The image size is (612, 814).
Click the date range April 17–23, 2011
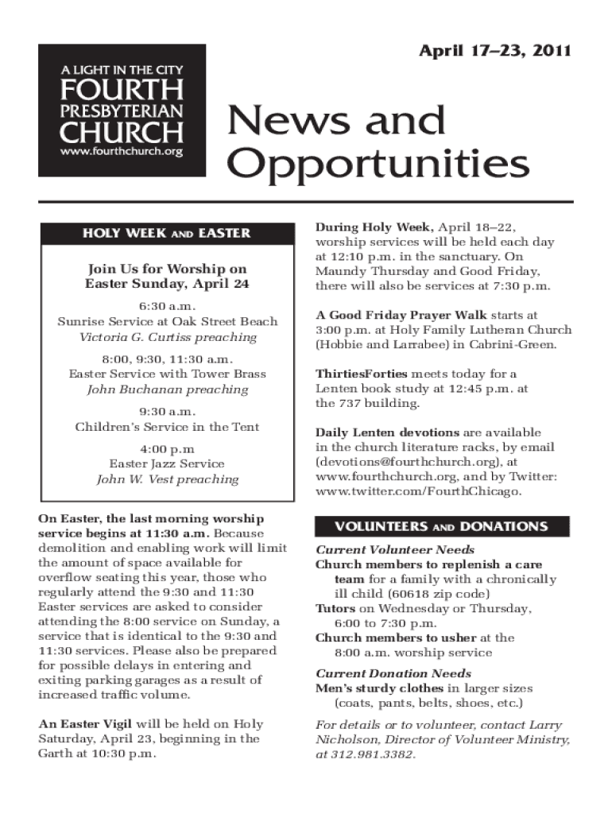[494, 52]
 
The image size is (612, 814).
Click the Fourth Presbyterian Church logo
[122, 110]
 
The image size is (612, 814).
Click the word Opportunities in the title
[378, 165]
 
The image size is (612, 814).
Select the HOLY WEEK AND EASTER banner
[167, 233]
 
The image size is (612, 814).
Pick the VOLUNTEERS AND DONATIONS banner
[442, 526]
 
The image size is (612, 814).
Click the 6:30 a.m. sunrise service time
[167, 306]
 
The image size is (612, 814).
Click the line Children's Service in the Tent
[167, 427]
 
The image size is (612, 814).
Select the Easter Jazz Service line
[167, 463]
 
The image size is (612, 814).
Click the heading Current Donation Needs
[382, 673]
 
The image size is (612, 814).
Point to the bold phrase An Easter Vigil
[86, 724]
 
